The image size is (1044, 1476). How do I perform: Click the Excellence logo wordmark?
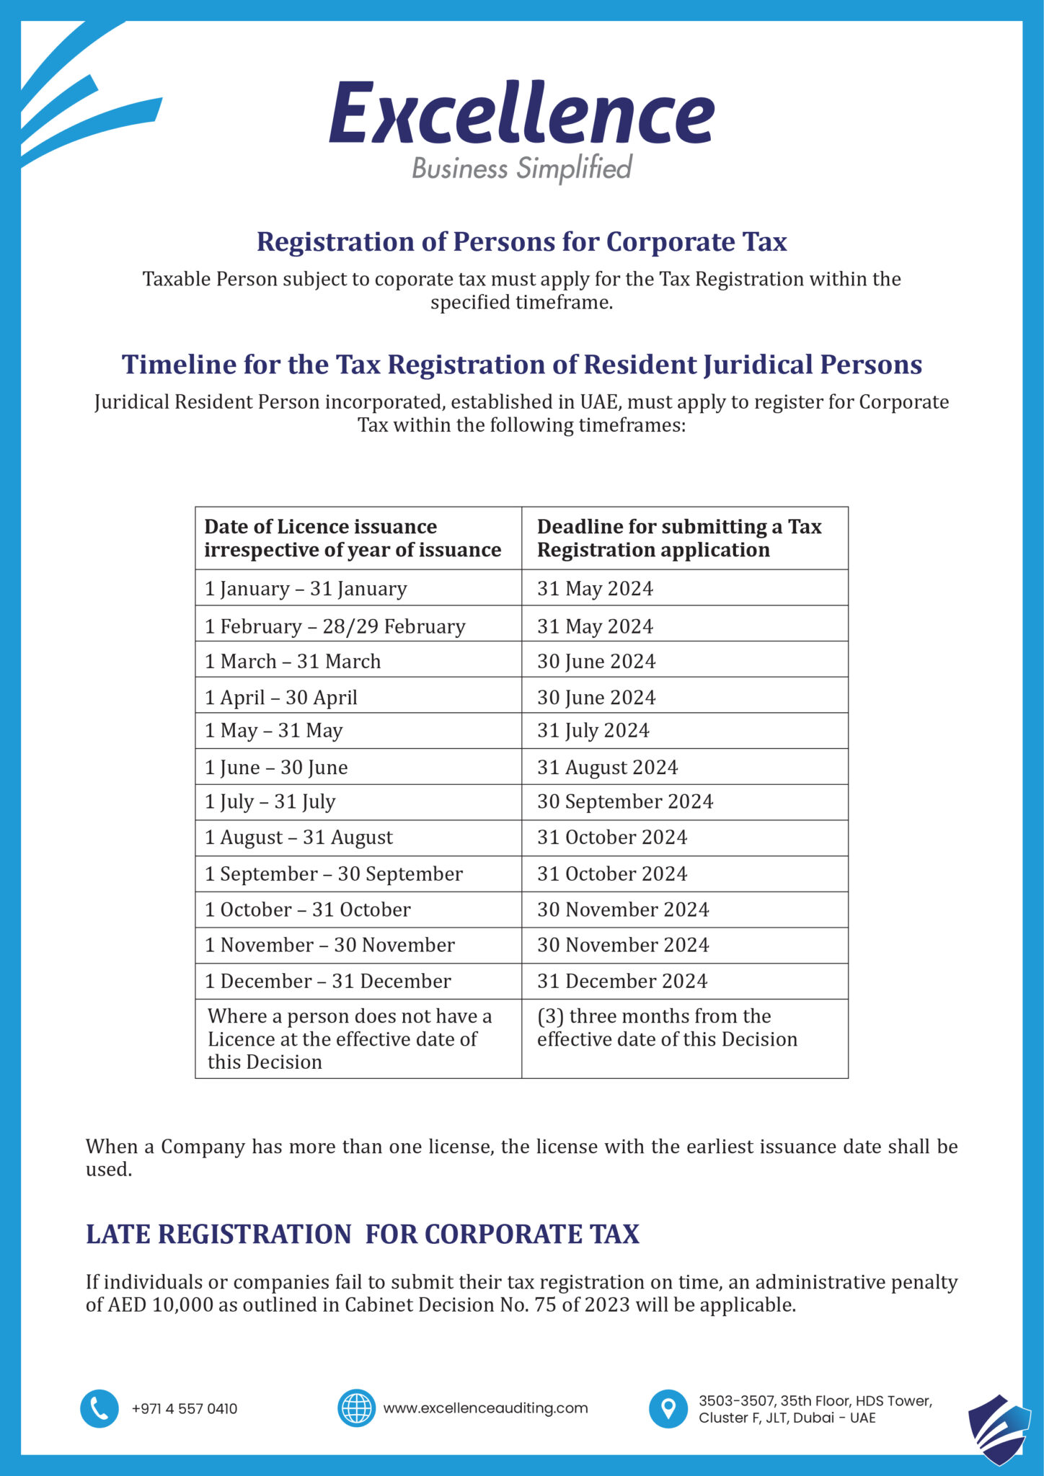pos(521,114)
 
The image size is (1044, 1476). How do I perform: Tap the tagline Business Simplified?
pos(521,168)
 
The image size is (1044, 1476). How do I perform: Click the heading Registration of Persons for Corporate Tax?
pos(521,241)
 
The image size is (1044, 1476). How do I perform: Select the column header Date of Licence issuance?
pos(353,538)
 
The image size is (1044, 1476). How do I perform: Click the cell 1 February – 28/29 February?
pos(335,626)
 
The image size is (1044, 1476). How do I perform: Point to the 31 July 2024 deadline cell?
pos(593,730)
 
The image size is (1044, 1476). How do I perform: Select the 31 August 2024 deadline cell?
pos(607,767)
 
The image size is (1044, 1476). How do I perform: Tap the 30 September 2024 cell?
pos(625,801)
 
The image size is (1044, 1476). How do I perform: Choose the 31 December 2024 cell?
pos(622,981)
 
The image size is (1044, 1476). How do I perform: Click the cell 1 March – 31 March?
pos(293,661)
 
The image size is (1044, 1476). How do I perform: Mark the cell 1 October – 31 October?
pos(308,909)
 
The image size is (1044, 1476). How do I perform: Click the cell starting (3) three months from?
pos(667,1028)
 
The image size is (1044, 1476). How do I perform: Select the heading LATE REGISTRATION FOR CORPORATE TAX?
pos(363,1234)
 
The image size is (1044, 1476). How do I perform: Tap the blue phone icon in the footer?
pos(99,1408)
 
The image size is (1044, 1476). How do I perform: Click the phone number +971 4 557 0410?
pos(185,1409)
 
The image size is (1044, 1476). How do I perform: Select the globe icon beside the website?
pos(356,1408)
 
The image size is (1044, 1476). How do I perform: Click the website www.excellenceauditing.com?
pos(485,1408)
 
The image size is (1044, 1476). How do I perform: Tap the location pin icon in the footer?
pos(668,1408)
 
